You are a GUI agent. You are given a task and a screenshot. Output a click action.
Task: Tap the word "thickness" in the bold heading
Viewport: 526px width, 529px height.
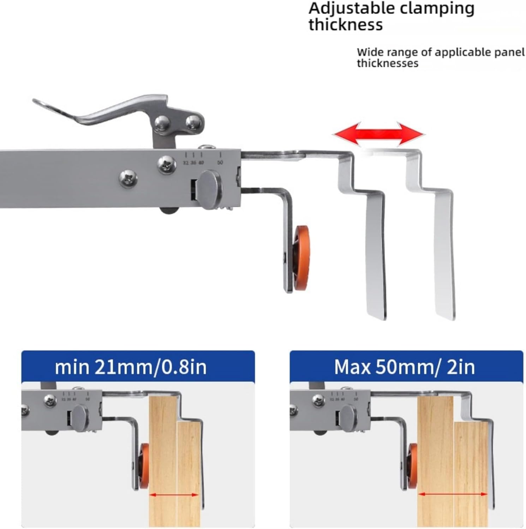[x=345, y=25]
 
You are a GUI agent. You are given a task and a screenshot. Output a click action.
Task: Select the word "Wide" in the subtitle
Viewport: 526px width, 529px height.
[x=370, y=52]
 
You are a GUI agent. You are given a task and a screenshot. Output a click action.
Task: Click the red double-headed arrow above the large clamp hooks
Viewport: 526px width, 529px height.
[x=379, y=134]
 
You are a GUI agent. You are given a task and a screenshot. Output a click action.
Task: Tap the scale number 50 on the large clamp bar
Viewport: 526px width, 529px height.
[x=220, y=163]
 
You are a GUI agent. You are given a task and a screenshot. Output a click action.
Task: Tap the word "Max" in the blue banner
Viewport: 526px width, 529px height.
[x=352, y=367]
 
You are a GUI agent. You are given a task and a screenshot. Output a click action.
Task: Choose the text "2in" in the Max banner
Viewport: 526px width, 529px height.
[x=461, y=367]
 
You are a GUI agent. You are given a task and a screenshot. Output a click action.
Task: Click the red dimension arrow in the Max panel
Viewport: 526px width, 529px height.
[x=453, y=494]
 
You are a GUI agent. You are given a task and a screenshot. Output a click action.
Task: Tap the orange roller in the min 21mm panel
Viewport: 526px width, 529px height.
[x=144, y=466]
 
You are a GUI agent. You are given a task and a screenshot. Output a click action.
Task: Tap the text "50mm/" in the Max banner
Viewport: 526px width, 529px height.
[x=408, y=367]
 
